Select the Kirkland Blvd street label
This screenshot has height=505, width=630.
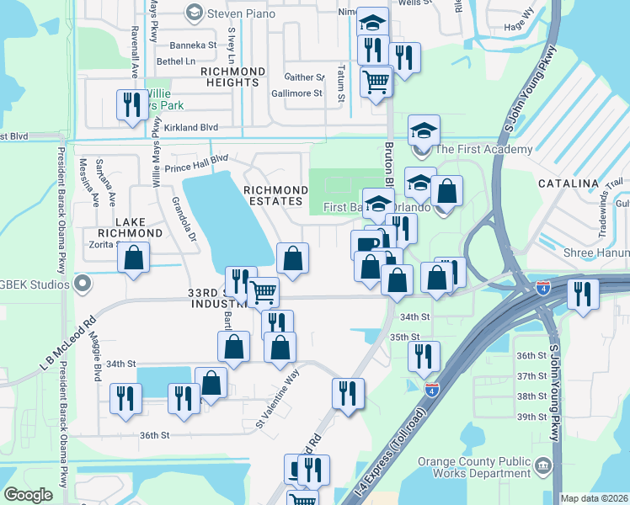tap(191, 127)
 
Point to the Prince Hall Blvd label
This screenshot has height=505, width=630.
tap(196, 162)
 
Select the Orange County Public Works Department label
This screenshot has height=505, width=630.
tap(505, 466)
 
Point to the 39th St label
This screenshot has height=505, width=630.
tap(531, 417)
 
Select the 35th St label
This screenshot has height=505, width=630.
tap(404, 337)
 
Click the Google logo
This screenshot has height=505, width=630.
tap(28, 495)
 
